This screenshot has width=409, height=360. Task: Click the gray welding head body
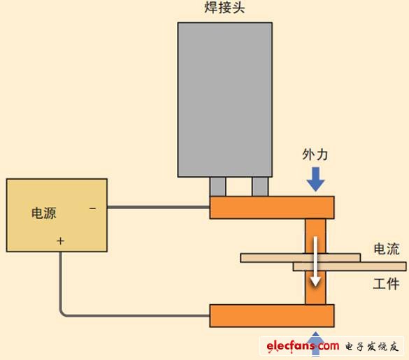[224, 98]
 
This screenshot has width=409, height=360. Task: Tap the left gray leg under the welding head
[218, 187]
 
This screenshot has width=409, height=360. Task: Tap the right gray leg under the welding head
[260, 187]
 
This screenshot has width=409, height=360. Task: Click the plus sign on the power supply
[61, 240]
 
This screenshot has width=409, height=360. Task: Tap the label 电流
[387, 250]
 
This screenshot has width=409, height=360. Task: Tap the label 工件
[386, 283]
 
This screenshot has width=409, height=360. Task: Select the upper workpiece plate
[273, 257]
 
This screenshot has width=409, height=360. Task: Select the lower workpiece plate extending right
[371, 266]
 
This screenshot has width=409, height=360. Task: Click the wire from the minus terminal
[158, 208]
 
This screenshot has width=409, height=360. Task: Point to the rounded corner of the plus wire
[64, 312]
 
